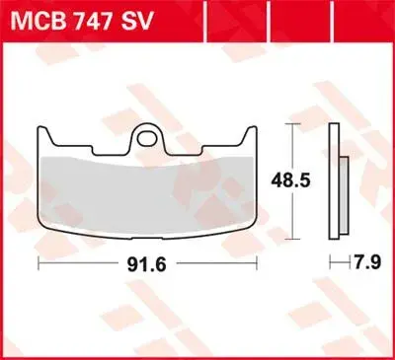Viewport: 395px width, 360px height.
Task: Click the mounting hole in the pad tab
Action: pos(147,139)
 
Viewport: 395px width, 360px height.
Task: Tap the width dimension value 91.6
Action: pos(146,264)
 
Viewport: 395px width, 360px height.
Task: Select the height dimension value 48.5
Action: pos(290,180)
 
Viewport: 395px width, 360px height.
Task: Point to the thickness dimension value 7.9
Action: pos(367,262)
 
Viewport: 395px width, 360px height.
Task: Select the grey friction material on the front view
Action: pos(147,195)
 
